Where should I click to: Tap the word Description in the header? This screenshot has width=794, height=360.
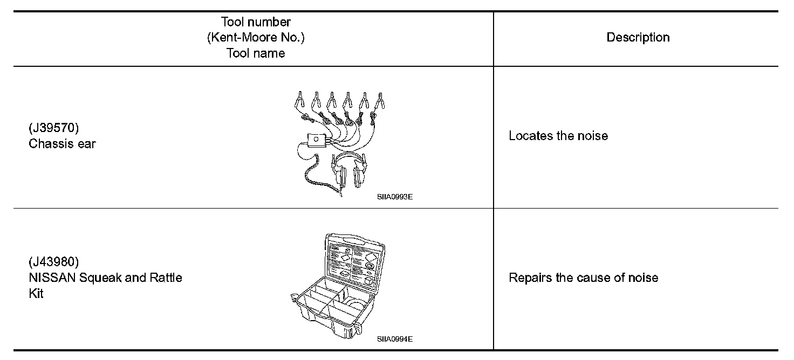[x=638, y=37]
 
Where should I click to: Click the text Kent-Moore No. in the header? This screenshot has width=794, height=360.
[x=256, y=38]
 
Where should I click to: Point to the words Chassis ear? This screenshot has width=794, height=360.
[x=62, y=144]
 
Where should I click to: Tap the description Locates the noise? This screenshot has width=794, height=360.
[x=558, y=136]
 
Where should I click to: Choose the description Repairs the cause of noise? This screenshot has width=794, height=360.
[x=583, y=278]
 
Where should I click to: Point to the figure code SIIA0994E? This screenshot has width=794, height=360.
[x=395, y=339]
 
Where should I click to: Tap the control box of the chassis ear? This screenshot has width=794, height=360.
[x=317, y=141]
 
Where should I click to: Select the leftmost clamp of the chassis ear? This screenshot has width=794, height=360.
[x=298, y=100]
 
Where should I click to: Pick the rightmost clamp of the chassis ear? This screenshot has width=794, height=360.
[x=382, y=100]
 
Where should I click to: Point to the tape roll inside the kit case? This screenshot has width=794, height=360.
[x=353, y=309]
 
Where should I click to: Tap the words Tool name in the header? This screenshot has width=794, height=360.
[x=256, y=53]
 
